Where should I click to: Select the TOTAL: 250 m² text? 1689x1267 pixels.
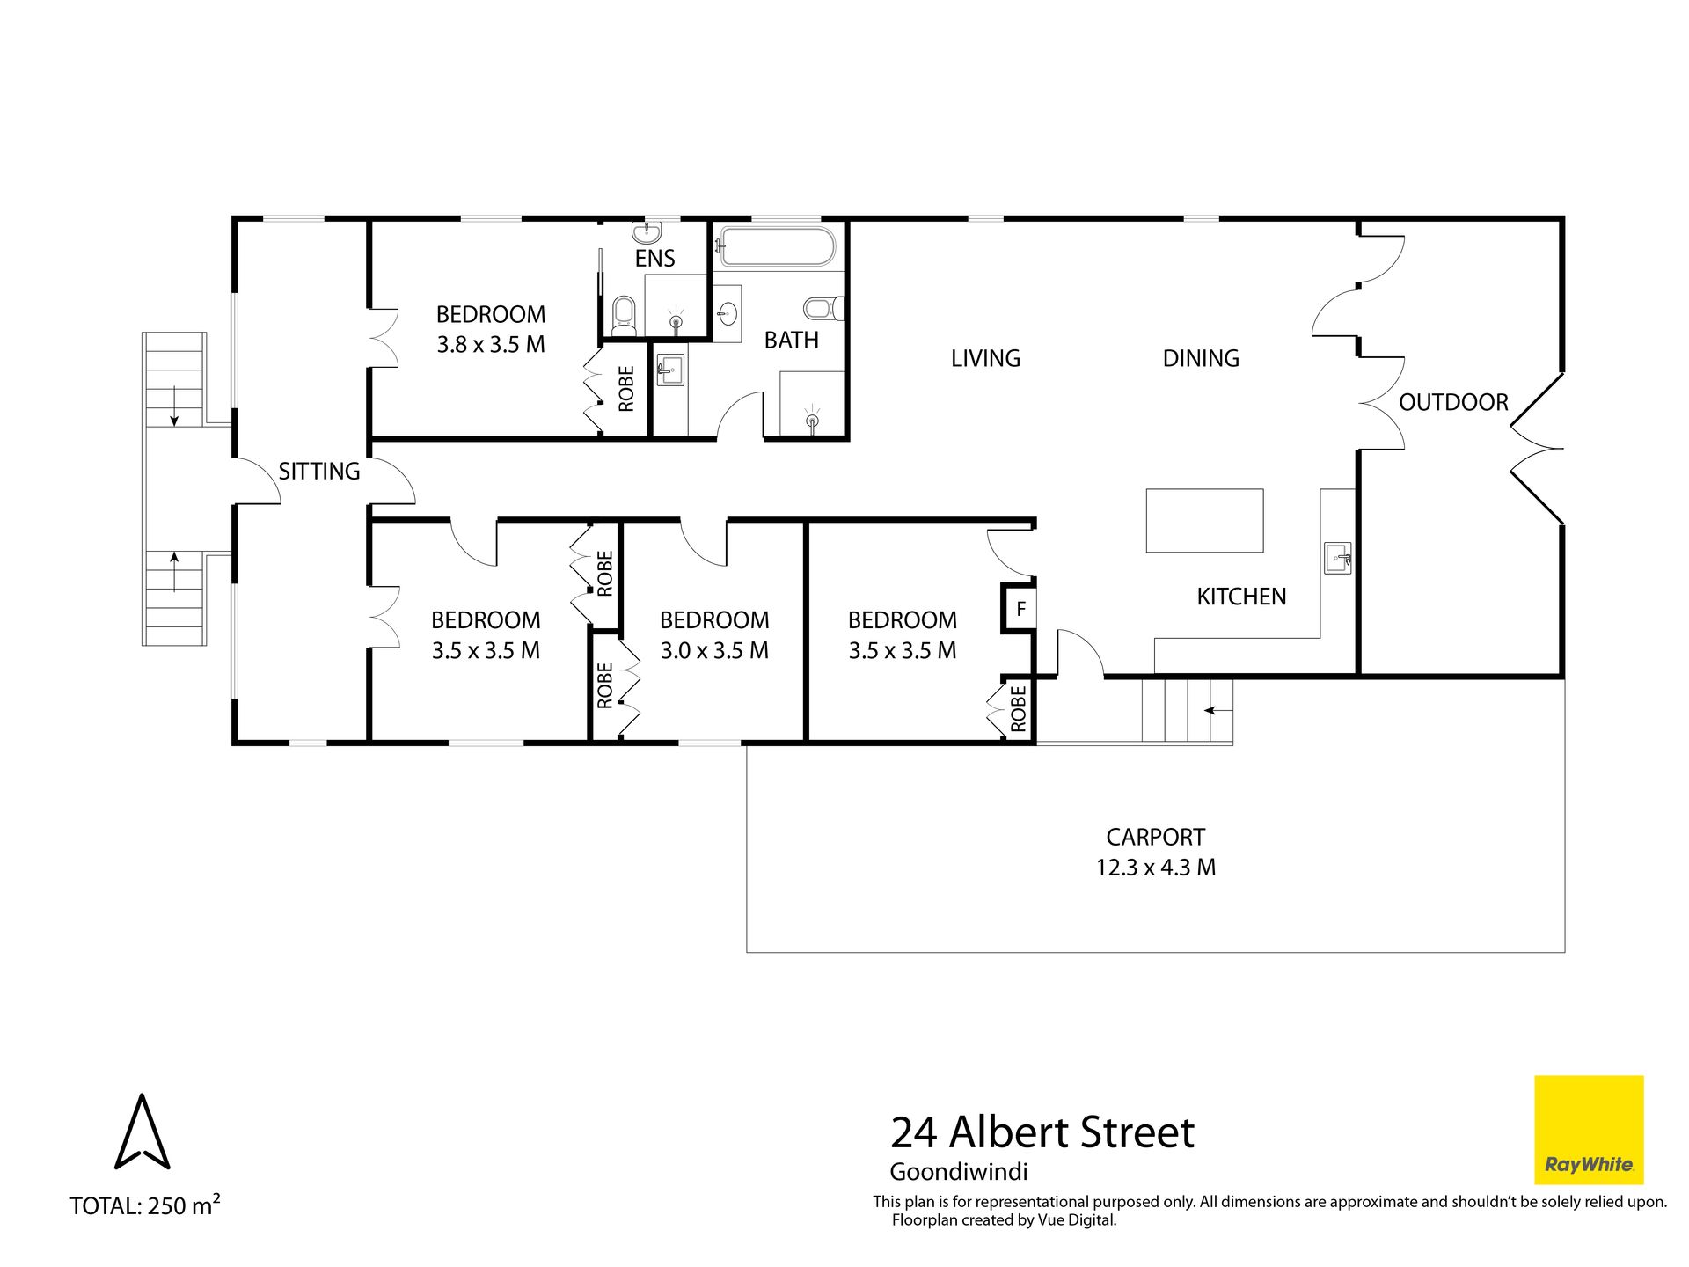[x=145, y=1205]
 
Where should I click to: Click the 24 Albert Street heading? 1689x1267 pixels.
[x=1042, y=1132]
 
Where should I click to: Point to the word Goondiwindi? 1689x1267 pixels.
[x=959, y=1172]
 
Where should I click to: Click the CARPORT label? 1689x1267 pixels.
[x=1156, y=837]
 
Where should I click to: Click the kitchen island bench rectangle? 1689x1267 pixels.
[x=1204, y=521]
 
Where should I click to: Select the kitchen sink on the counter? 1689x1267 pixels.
[x=1337, y=558]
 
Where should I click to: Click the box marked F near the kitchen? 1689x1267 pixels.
[x=1020, y=609]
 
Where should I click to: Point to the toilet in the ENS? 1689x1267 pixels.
[x=623, y=314]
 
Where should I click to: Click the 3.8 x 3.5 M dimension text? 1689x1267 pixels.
[x=491, y=344]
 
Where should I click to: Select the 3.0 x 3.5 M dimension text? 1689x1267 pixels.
[x=714, y=650]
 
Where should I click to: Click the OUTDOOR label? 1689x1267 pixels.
[x=1453, y=402]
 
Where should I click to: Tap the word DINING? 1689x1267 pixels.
[x=1201, y=358]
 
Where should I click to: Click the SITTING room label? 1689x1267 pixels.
[x=319, y=471]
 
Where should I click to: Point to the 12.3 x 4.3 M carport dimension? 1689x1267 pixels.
[x=1156, y=868]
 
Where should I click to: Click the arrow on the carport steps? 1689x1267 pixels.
[x=1217, y=709]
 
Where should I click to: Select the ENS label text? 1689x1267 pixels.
[x=655, y=258]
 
